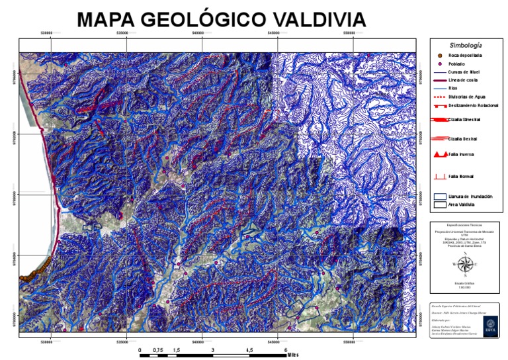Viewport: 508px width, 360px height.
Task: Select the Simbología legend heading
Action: (466, 45)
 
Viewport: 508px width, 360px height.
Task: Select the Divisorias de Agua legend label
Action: (467, 97)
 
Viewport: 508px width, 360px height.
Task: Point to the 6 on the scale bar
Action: (286, 350)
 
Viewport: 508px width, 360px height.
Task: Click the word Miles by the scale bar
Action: (294, 355)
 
